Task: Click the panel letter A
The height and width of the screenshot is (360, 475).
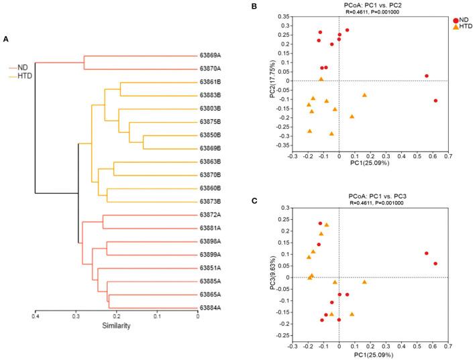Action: (6, 40)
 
